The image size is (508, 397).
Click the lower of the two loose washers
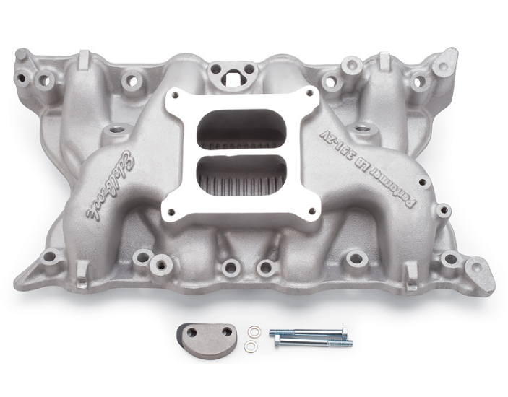coord(250,346)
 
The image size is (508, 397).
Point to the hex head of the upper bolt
coord(275,333)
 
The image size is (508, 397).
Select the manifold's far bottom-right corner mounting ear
coord(479,275)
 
